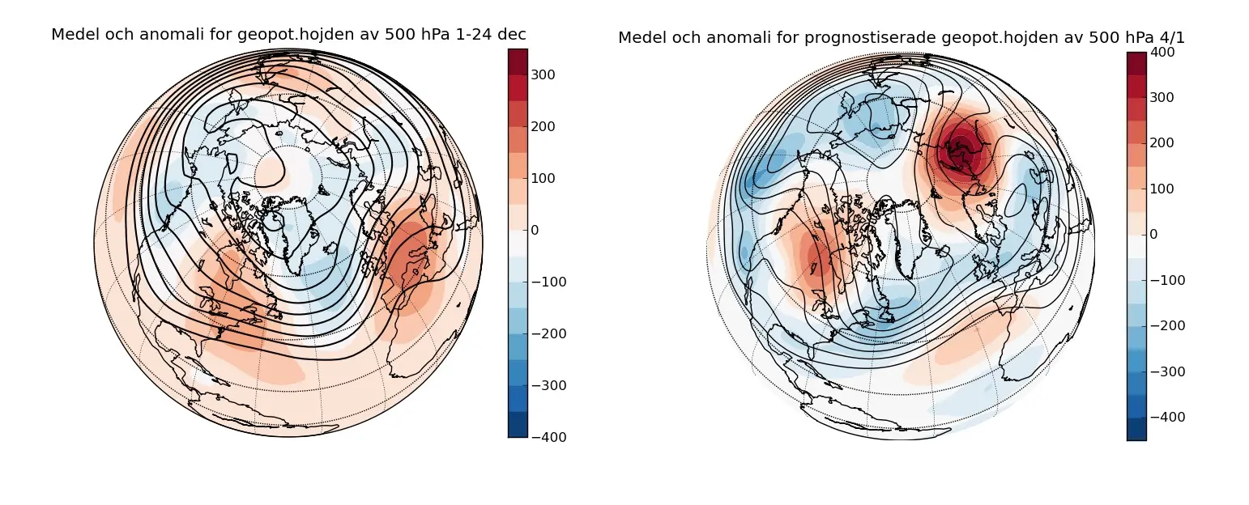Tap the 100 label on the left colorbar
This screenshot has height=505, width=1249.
coord(546,178)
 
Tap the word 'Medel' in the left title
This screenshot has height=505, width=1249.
coord(71,35)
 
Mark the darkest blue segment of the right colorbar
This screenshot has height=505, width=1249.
coord(1136,429)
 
